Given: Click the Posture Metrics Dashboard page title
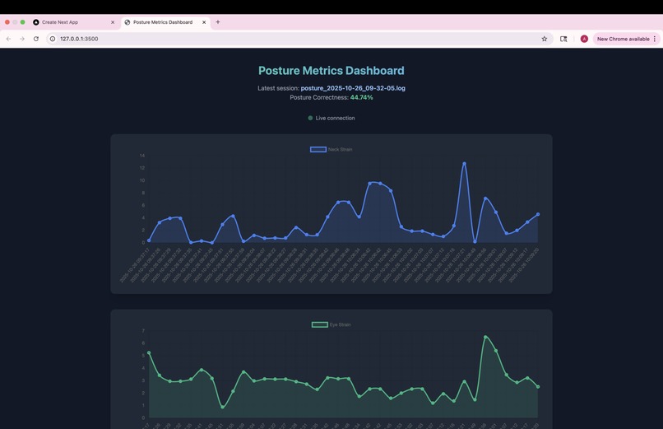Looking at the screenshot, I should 331,71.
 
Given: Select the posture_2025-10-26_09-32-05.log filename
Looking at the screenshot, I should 353,87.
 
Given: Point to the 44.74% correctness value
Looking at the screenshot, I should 361,97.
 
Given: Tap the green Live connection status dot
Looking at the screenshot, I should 310,118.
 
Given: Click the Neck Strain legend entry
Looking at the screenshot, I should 331,149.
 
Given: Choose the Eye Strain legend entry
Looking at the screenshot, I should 331,324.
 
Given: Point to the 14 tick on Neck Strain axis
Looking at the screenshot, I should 142,156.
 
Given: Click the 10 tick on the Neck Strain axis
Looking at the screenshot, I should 142,180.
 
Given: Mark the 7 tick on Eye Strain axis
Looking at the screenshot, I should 143,331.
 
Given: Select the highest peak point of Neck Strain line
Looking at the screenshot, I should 464,163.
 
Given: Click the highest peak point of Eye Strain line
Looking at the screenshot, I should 485,337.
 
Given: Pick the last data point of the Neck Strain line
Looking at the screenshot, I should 538,214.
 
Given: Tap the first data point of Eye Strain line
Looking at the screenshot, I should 149,352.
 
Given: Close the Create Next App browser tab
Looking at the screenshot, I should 113,22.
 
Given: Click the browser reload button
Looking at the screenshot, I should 36,39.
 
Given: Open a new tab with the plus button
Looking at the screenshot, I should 218,22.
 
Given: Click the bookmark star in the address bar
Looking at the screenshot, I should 545,39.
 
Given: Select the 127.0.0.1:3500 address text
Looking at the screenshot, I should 79,39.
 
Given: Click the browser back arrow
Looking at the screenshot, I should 8,39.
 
